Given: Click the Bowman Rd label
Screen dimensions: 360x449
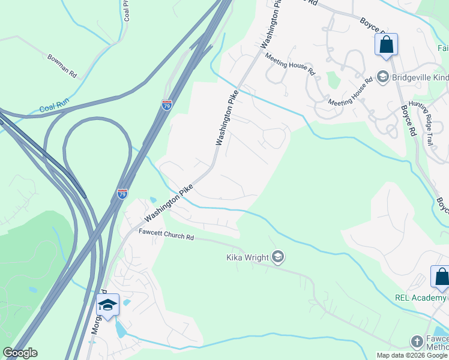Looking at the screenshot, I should coord(62,66).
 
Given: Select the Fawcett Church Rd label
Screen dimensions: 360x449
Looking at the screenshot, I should coord(166,235).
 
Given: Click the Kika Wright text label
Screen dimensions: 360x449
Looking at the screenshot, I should coord(247,258).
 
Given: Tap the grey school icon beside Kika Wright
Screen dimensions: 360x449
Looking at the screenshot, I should coord(277,257).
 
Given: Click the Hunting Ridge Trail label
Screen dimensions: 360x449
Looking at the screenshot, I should coord(421,122).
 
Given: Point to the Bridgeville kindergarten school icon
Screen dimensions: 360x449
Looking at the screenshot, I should coord(382,77).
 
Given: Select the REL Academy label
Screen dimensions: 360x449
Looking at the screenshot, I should coord(421,298).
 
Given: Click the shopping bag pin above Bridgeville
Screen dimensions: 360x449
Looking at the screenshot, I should coord(386,45).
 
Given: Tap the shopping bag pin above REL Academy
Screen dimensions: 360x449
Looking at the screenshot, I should coord(441,277).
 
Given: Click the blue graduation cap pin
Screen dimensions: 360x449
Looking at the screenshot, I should coord(107,305).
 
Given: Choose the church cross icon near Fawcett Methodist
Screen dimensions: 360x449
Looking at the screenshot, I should coord(417,341).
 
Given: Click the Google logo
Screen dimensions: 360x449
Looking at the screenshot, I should coord(20,353).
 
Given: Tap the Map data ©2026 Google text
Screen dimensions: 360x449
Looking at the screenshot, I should coord(411,355).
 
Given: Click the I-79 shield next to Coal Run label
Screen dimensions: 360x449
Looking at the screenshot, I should coord(167,106).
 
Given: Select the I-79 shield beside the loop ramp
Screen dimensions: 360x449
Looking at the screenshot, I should coord(122,193).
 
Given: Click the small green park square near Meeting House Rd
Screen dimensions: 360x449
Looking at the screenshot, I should coord(332,79).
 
